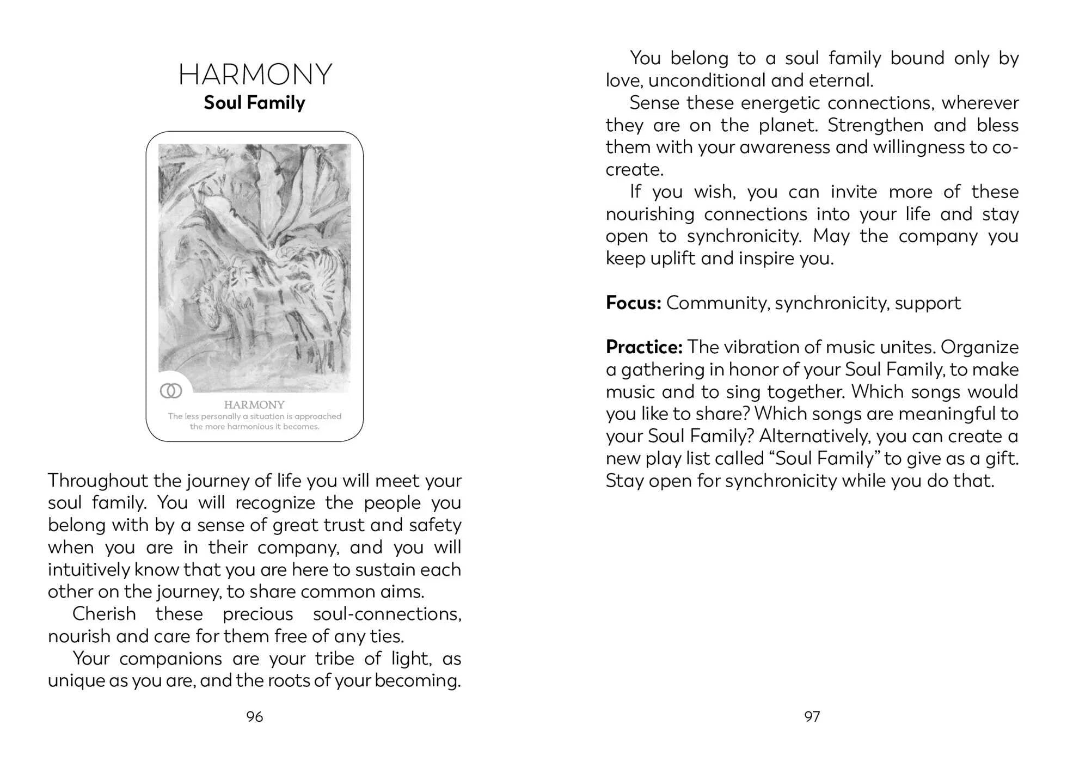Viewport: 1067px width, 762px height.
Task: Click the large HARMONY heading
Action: pos(255,75)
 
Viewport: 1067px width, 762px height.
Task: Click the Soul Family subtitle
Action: pos(254,103)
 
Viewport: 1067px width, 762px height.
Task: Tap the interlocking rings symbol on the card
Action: pos(171,391)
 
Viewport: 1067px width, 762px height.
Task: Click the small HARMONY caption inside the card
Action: pos(254,405)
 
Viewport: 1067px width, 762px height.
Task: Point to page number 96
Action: pos(254,717)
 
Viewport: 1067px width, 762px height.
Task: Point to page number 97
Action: pos(812,717)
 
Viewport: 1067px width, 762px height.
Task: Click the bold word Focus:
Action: pos(633,303)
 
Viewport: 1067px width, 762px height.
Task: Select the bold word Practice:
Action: pos(643,347)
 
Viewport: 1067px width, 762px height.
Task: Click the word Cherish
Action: pos(104,614)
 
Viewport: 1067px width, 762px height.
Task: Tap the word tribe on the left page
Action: pos(334,659)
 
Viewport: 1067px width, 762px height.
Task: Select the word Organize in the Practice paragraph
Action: pos(979,347)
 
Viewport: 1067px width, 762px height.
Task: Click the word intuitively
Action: pos(89,570)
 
